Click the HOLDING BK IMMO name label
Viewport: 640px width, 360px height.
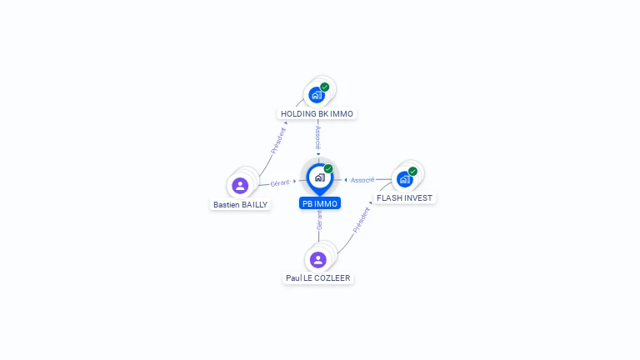[x=317, y=113]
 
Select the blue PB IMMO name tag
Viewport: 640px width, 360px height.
[x=320, y=203]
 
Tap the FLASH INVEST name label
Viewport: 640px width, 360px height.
[x=404, y=198]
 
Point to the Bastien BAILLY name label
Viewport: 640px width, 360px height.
[x=240, y=204]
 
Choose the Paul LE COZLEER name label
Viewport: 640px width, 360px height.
[x=318, y=278]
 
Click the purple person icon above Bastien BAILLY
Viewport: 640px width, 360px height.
[x=240, y=185]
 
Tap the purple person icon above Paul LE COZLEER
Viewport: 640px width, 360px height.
[x=317, y=259]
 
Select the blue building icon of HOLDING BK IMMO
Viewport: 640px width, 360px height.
[x=316, y=94]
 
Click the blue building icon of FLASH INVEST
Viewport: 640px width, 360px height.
[x=404, y=178]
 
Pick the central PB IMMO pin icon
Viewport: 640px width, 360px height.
[x=319, y=177]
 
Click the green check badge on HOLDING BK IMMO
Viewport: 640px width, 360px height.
[x=325, y=87]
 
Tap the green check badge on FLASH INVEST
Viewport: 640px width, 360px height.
[x=412, y=171]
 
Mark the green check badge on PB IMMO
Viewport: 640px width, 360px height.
[x=328, y=168]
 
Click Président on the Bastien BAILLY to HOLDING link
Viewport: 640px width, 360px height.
[x=279, y=139]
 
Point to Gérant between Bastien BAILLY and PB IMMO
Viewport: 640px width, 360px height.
[x=279, y=182]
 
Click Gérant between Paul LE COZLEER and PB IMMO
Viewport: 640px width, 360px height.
[x=319, y=220]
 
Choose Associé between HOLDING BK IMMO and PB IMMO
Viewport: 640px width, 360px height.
[x=317, y=137]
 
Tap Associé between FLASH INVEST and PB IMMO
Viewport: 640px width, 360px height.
[x=362, y=180]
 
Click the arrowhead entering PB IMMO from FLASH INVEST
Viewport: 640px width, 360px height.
[x=345, y=180]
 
